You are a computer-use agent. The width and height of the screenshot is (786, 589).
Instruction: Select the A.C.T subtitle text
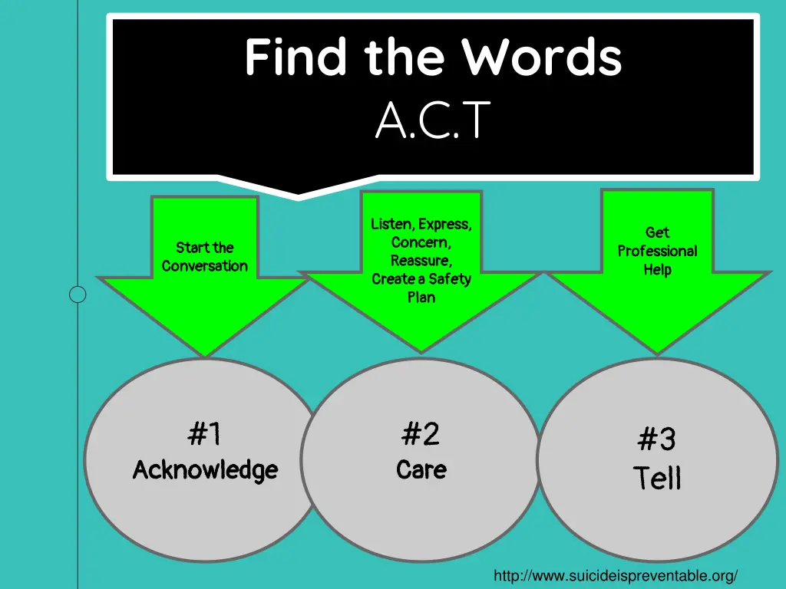point(432,121)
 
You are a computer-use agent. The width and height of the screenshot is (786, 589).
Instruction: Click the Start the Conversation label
point(204,257)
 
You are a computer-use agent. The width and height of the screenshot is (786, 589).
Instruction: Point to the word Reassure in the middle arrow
point(421,261)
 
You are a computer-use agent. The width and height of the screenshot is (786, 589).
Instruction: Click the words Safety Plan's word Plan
point(421,297)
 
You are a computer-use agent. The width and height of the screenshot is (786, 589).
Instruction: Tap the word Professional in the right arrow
point(657,251)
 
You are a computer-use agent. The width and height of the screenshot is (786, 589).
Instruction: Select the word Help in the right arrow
point(657,269)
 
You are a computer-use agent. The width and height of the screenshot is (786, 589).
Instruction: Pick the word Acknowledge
point(205,469)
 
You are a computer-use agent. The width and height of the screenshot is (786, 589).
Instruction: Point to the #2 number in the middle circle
point(421,434)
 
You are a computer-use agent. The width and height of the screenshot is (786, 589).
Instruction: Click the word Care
point(421,469)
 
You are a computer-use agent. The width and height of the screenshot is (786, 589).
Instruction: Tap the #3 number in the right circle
point(656,440)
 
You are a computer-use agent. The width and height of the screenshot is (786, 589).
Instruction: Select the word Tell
point(657,478)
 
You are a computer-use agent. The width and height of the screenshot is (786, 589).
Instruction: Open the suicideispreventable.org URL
point(616,575)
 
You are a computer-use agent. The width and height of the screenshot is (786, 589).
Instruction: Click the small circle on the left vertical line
point(78,294)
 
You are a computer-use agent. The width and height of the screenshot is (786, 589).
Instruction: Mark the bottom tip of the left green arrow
point(206,355)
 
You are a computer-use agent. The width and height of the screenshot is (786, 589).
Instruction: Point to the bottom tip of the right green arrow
point(658,354)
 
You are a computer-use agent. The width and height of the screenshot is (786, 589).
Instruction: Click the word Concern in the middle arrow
point(421,242)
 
